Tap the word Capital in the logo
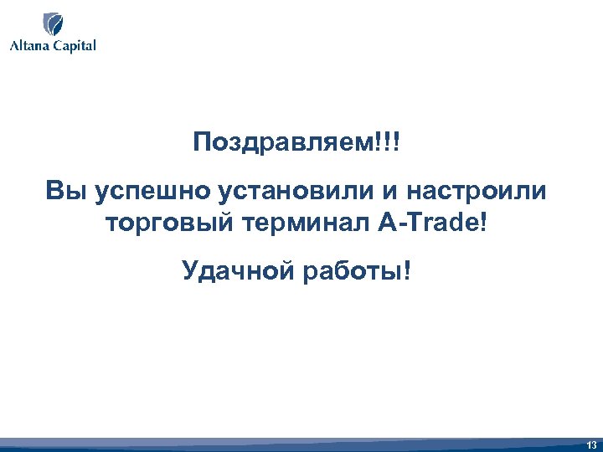coord(73,46)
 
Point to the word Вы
coord(65,192)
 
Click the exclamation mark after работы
coord(408,271)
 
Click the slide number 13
coord(591,444)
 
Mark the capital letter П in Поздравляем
coord(201,140)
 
